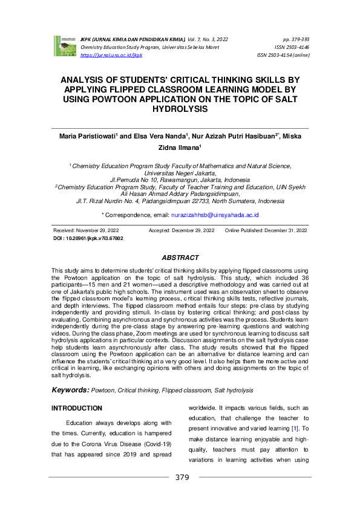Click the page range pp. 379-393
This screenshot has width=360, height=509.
point(296,38)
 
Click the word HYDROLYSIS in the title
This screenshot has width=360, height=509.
point(180,109)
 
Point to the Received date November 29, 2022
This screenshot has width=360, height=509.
point(86,230)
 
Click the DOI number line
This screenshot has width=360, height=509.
point(88,238)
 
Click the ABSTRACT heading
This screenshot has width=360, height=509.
point(180,258)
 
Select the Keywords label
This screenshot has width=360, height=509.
point(71,391)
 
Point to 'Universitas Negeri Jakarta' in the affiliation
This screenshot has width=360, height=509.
point(180,172)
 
